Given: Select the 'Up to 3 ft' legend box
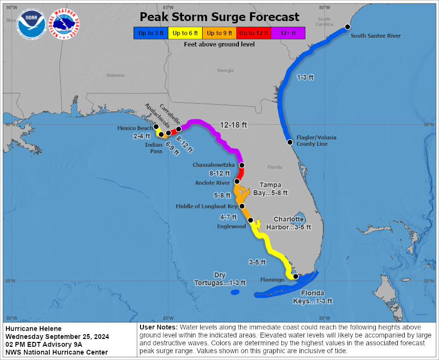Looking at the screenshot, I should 150,33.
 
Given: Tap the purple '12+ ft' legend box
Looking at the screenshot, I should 288,33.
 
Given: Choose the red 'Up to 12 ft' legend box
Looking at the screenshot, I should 253,33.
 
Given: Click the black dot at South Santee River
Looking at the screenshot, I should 347,27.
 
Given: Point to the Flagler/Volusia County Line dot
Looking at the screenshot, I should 290,142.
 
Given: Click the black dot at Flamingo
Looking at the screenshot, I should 296,276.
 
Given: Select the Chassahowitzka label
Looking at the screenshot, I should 213,165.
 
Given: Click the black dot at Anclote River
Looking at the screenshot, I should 237,181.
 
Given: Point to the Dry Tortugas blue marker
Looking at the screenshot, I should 234,292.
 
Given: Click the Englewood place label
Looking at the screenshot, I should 231,226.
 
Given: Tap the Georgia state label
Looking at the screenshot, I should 226,70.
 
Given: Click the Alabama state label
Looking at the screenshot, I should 115,75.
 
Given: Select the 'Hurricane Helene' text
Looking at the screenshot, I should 33,329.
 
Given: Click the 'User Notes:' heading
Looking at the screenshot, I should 159,327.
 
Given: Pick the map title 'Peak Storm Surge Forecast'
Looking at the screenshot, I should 219,17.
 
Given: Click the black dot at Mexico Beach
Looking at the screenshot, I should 156,127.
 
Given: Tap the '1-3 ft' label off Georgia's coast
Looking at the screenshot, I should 305,77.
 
